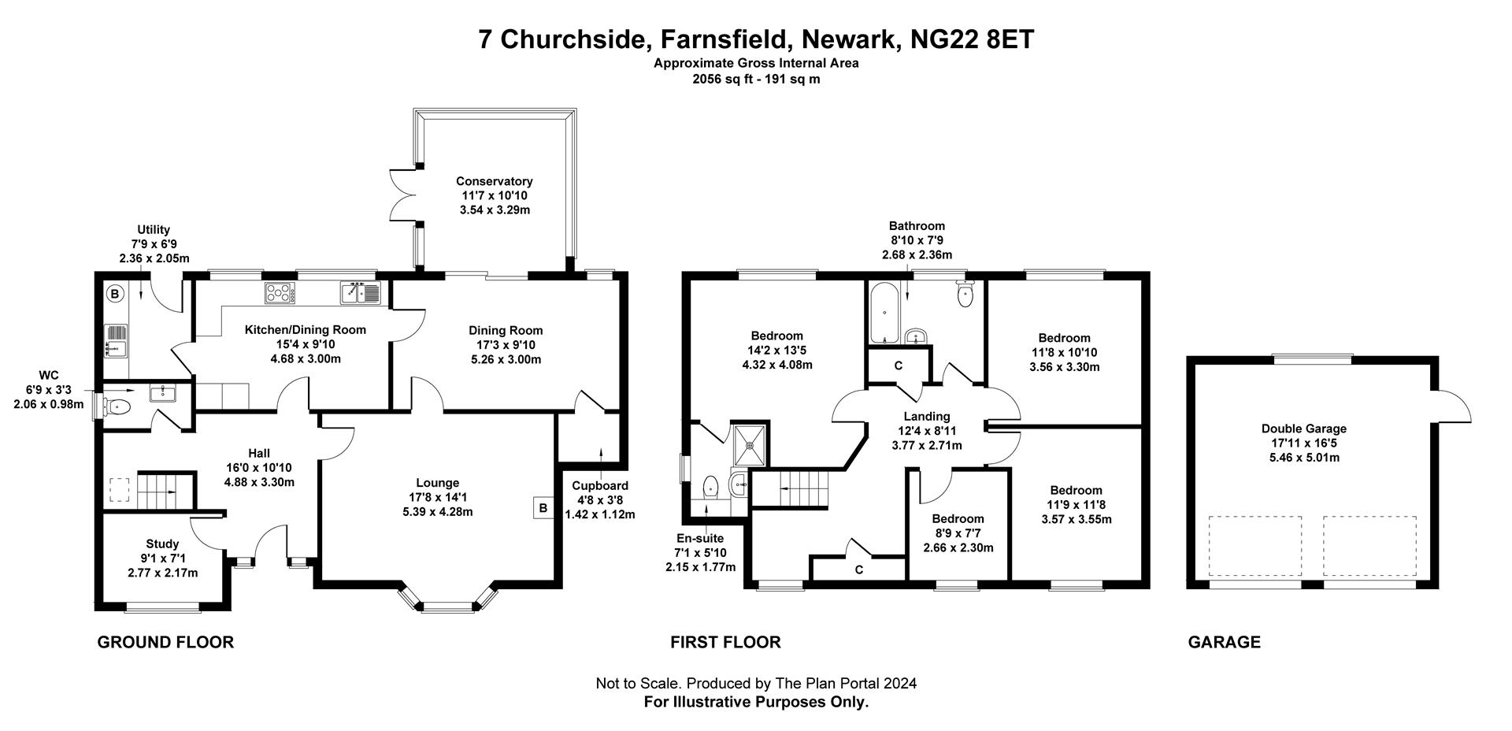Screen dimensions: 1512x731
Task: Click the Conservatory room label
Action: [494, 181]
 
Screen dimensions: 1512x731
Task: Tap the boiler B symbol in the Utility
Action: [115, 295]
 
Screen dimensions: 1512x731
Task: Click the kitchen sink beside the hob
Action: [360, 293]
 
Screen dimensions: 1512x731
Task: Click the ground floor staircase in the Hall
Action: [165, 490]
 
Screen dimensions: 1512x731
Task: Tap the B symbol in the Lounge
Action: [543, 508]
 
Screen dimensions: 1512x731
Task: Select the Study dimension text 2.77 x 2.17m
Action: [162, 573]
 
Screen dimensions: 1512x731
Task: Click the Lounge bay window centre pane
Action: [446, 607]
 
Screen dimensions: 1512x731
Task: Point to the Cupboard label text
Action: [600, 486]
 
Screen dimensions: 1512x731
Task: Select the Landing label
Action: [926, 416]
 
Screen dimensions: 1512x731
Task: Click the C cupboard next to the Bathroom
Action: [898, 366]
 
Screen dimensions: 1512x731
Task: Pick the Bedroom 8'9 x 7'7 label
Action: [958, 518]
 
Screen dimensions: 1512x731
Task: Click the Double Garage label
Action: [1303, 429]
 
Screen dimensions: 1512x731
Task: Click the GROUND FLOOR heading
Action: [165, 642]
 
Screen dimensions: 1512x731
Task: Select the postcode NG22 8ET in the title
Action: [971, 39]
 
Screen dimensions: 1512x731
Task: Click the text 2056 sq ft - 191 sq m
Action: [756, 79]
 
